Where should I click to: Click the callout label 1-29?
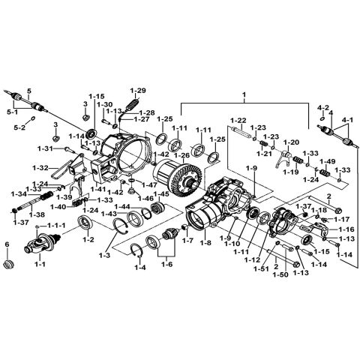point(137,89)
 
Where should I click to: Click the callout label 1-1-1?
point(56,226)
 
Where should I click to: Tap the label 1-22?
point(238,121)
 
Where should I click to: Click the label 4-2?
point(322,107)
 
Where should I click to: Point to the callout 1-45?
point(160,194)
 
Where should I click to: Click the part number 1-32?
point(61,167)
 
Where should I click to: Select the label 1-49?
point(327,160)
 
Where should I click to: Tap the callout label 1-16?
point(346,229)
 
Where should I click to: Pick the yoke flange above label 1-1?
point(40,244)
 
